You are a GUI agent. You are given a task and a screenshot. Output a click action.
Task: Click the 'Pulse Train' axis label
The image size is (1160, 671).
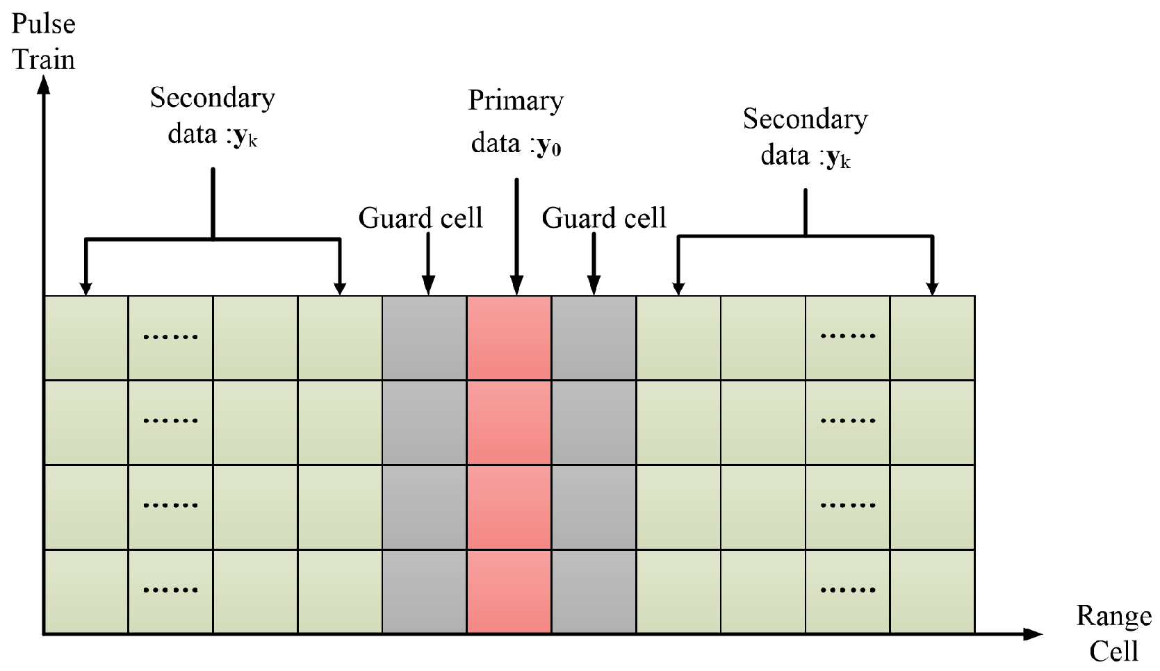pyautogui.click(x=43, y=42)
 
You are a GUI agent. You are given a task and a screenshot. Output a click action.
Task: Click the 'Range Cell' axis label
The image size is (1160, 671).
pyautogui.click(x=1113, y=633)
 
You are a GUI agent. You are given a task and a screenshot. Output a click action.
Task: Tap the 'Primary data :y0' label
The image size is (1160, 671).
pyautogui.click(x=516, y=122)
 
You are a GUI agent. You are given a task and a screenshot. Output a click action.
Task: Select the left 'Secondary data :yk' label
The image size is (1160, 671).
pyautogui.click(x=213, y=115)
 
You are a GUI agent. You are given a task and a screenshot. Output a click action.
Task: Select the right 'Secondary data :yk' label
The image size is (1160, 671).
pyautogui.click(x=806, y=136)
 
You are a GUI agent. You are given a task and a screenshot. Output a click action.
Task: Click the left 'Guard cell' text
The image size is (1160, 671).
pyautogui.click(x=420, y=218)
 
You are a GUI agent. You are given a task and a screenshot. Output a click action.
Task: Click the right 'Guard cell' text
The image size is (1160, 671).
pyautogui.click(x=604, y=218)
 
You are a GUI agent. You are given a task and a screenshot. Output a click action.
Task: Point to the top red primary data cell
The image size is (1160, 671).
pyautogui.click(x=509, y=338)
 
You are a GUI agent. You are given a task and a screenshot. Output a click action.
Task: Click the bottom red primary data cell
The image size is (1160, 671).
pyautogui.click(x=509, y=591)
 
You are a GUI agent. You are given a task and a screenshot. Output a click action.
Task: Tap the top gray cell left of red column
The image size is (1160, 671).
pyautogui.click(x=424, y=338)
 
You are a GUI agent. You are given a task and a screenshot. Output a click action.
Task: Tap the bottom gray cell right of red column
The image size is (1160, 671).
pyautogui.click(x=594, y=591)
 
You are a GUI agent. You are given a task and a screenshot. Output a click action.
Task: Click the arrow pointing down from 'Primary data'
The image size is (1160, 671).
pyautogui.click(x=516, y=236)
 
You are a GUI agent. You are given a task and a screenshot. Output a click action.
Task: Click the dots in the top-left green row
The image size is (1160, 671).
pyautogui.click(x=170, y=337)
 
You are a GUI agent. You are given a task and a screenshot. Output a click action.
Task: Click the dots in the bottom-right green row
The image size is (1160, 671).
pyautogui.click(x=848, y=590)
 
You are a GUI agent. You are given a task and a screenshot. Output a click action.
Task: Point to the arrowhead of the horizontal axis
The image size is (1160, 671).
pyautogui.click(x=1034, y=633)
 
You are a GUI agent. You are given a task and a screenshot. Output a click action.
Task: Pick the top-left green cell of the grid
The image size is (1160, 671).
pyautogui.click(x=86, y=338)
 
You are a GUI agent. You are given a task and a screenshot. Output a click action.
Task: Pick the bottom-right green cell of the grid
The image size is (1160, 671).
pyautogui.click(x=932, y=591)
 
